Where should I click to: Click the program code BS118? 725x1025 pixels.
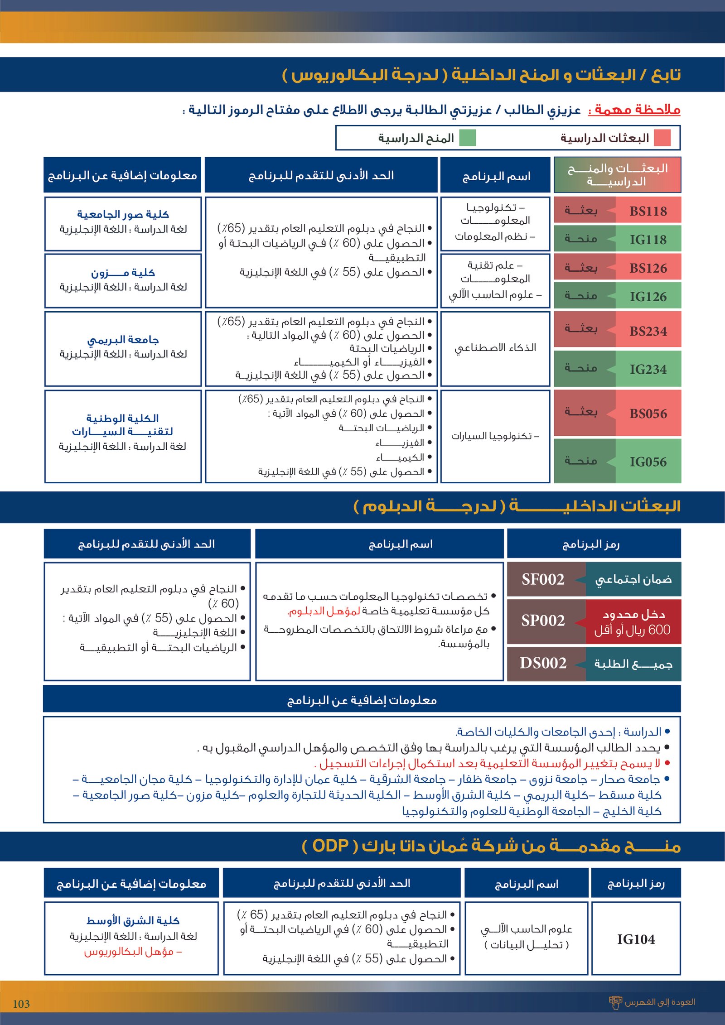(x=648, y=211)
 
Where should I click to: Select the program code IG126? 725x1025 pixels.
(x=648, y=297)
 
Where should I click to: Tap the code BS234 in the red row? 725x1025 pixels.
(x=648, y=331)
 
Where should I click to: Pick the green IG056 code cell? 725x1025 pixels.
(x=648, y=462)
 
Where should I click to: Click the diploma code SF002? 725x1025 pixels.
(x=543, y=579)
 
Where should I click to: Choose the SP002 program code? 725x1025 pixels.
(x=543, y=620)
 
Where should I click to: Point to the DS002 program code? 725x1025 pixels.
(x=543, y=663)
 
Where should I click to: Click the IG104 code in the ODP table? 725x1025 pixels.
(x=636, y=939)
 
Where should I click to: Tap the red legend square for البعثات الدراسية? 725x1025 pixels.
(x=662, y=138)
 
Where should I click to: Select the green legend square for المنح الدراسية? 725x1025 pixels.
(x=468, y=138)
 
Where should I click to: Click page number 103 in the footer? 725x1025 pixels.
(x=21, y=1004)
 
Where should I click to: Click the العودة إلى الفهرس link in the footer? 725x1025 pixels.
(x=659, y=1002)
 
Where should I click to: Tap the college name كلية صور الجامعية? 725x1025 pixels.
(x=123, y=214)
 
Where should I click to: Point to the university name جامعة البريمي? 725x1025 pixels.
(x=123, y=340)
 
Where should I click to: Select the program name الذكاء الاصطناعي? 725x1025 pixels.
(x=495, y=348)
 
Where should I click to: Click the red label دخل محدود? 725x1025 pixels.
(x=633, y=614)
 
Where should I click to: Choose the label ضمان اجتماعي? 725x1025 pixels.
(x=633, y=579)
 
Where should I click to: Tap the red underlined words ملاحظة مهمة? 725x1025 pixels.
(x=634, y=110)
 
